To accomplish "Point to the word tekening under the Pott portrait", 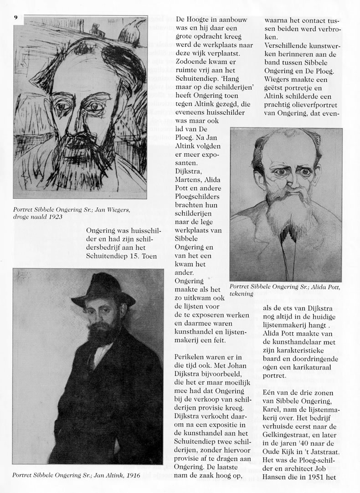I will click(x=242, y=294).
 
